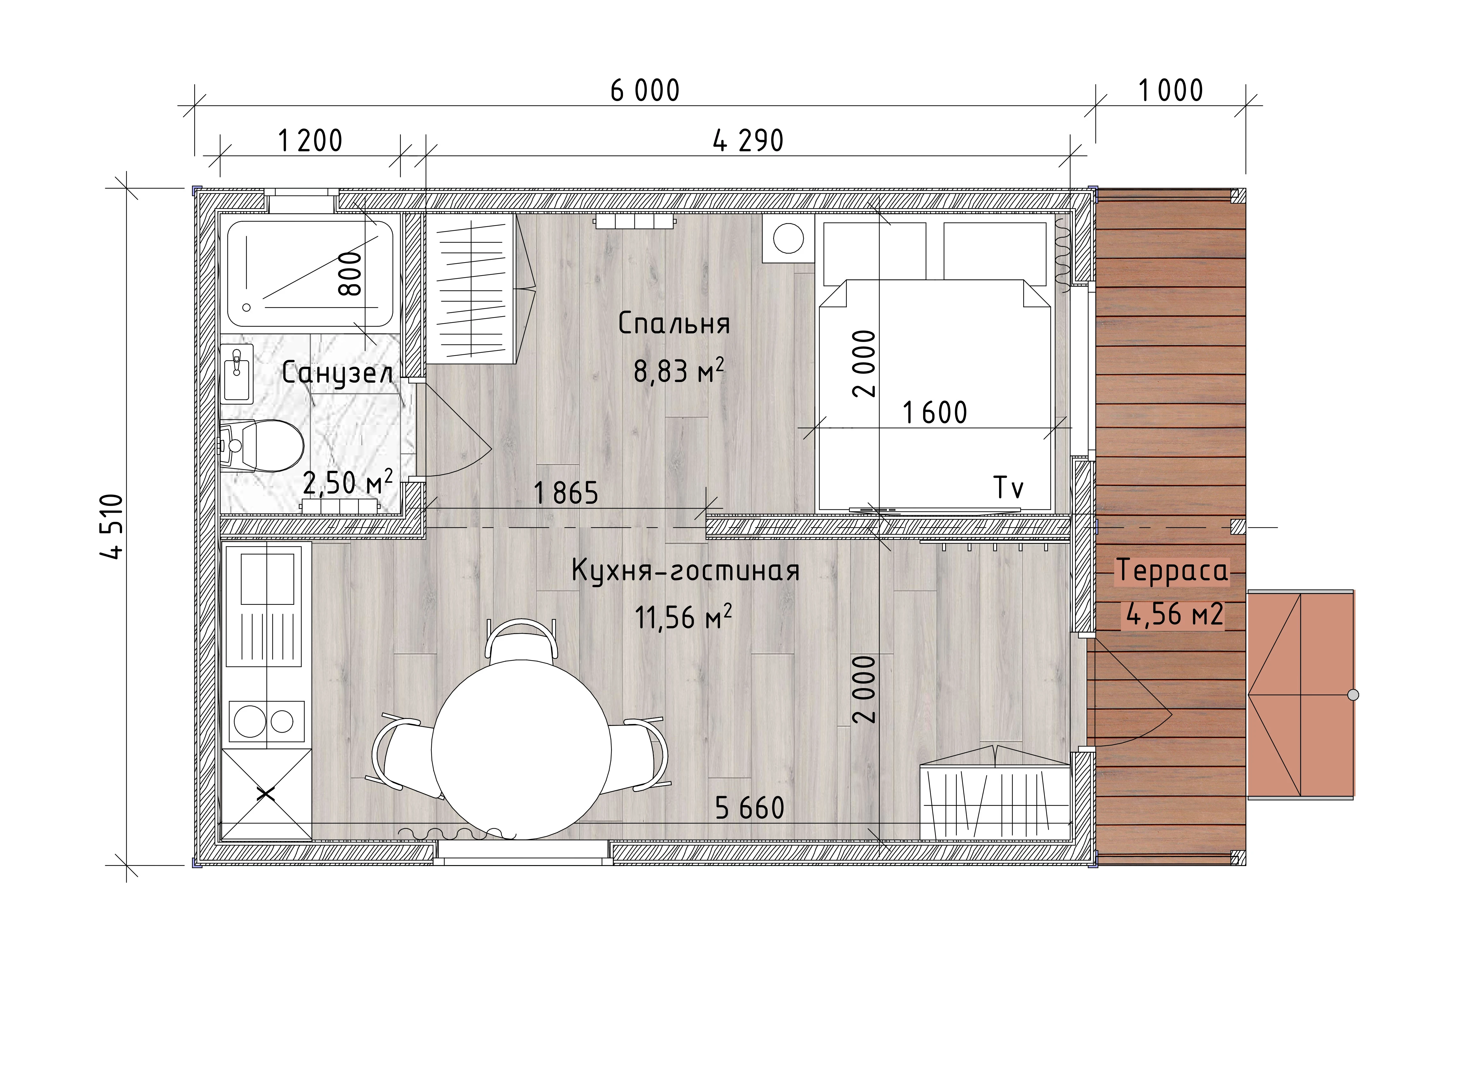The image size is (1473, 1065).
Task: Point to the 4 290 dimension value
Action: tap(748, 141)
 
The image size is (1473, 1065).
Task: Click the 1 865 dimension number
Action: tap(566, 494)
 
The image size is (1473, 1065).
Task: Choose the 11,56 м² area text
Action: tap(683, 617)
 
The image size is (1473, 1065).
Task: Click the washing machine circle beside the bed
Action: tap(788, 238)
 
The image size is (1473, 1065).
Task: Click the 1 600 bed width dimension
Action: tap(935, 413)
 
